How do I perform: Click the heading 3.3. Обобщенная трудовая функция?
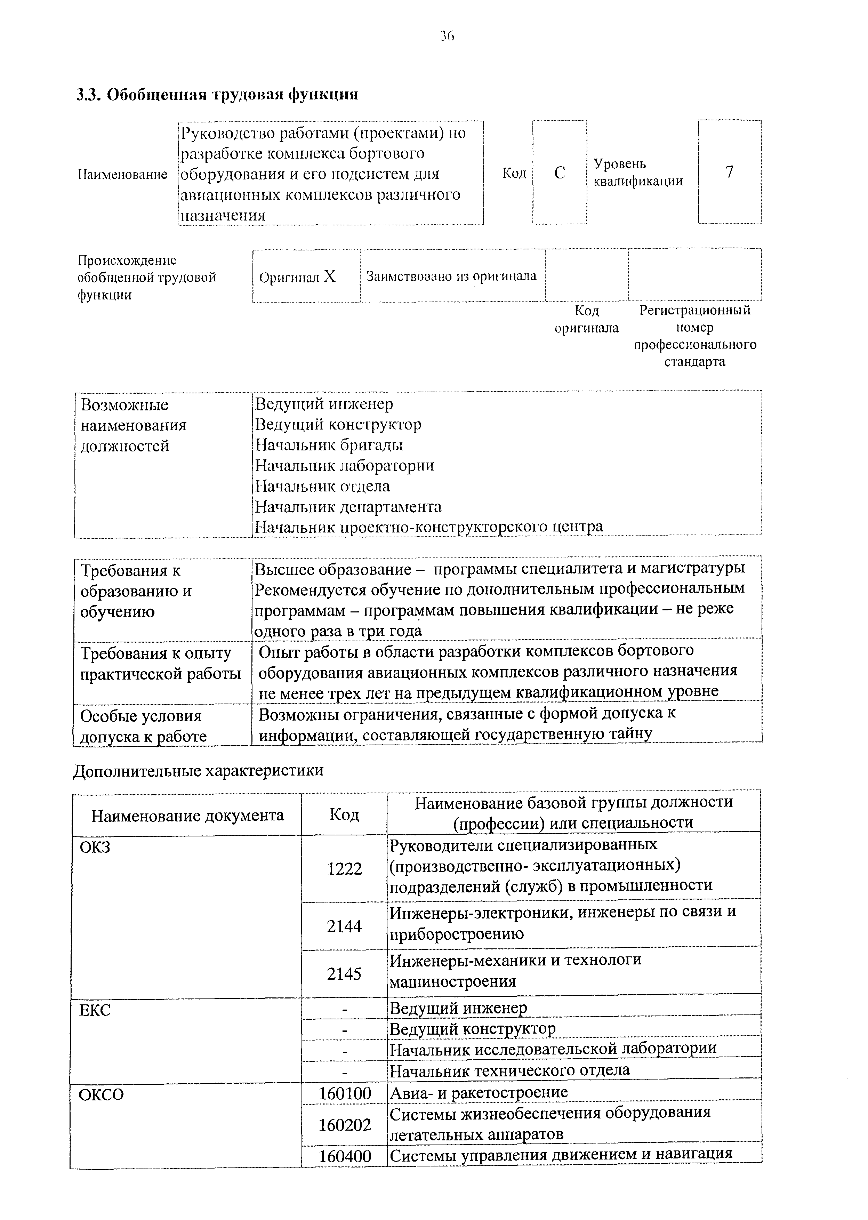[217, 95]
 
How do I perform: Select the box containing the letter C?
[559, 172]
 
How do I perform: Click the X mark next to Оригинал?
[330, 276]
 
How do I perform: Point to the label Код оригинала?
[586, 319]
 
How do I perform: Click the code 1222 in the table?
[344, 869]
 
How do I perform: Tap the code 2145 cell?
[344, 974]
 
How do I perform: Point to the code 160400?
[345, 1156]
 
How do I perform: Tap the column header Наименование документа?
[187, 816]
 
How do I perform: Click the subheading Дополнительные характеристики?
[198, 770]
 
